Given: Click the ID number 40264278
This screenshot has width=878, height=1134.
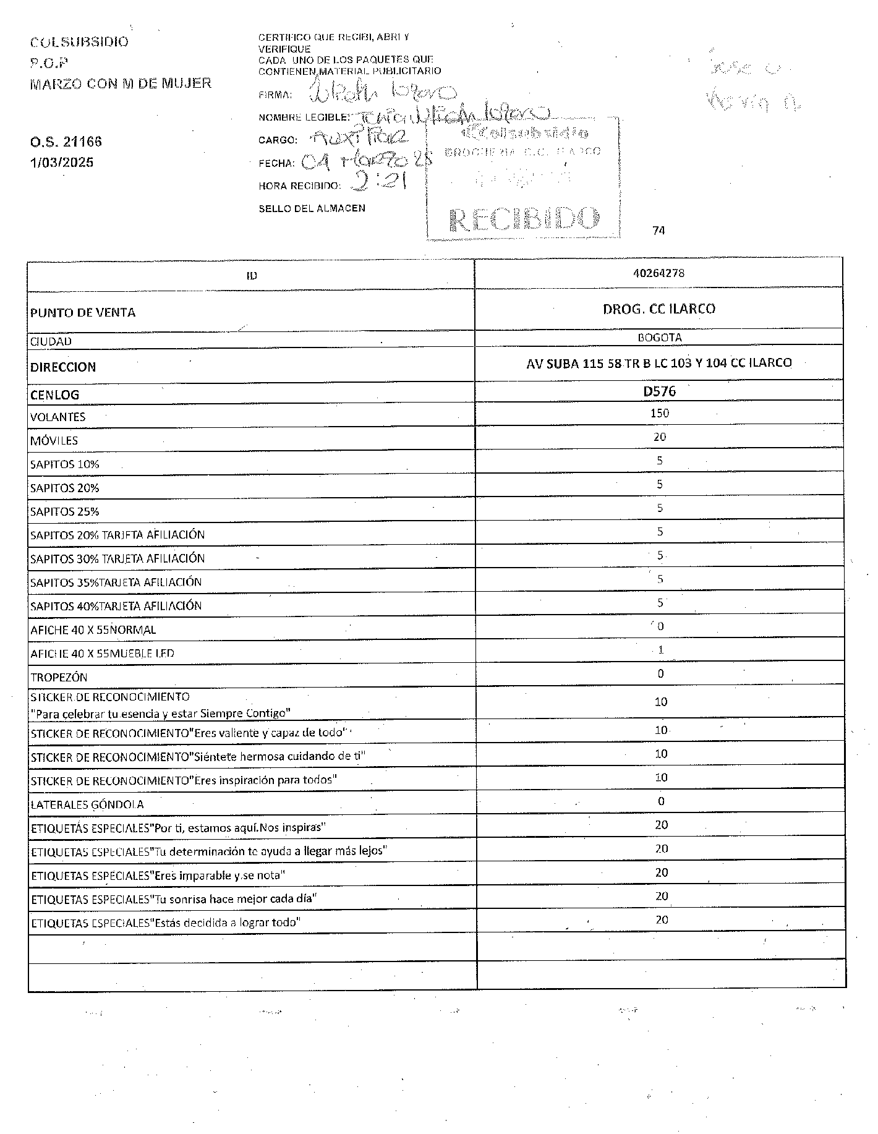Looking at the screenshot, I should tap(658, 273).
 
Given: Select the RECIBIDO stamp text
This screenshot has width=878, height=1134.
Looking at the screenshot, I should tap(525, 219).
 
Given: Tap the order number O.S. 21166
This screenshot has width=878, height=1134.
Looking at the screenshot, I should tap(66, 142).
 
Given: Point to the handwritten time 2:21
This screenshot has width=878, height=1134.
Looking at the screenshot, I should tap(377, 183).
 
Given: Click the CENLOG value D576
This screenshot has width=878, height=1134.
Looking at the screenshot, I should tap(659, 391).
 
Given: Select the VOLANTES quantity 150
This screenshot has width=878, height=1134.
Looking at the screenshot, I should tap(659, 413).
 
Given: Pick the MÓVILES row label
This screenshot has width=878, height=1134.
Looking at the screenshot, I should tap(54, 441).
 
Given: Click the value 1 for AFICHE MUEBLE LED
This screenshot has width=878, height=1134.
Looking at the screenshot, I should tap(660, 650).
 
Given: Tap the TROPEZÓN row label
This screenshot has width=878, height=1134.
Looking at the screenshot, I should tap(59, 677).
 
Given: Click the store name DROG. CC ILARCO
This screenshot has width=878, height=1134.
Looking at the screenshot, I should tap(658, 309).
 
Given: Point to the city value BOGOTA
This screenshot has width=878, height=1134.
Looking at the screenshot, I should tap(659, 338).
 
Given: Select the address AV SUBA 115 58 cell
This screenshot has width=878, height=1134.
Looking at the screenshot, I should tap(658, 363).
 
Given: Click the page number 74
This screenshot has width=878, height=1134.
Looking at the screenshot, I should tap(658, 231).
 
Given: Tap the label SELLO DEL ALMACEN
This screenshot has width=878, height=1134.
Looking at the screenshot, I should tap(312, 208).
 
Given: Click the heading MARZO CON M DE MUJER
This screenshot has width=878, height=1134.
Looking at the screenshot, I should tap(121, 83).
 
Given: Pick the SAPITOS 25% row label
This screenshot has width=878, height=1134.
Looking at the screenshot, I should tap(64, 511).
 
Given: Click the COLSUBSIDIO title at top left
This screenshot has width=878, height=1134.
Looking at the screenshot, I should tap(79, 42).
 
